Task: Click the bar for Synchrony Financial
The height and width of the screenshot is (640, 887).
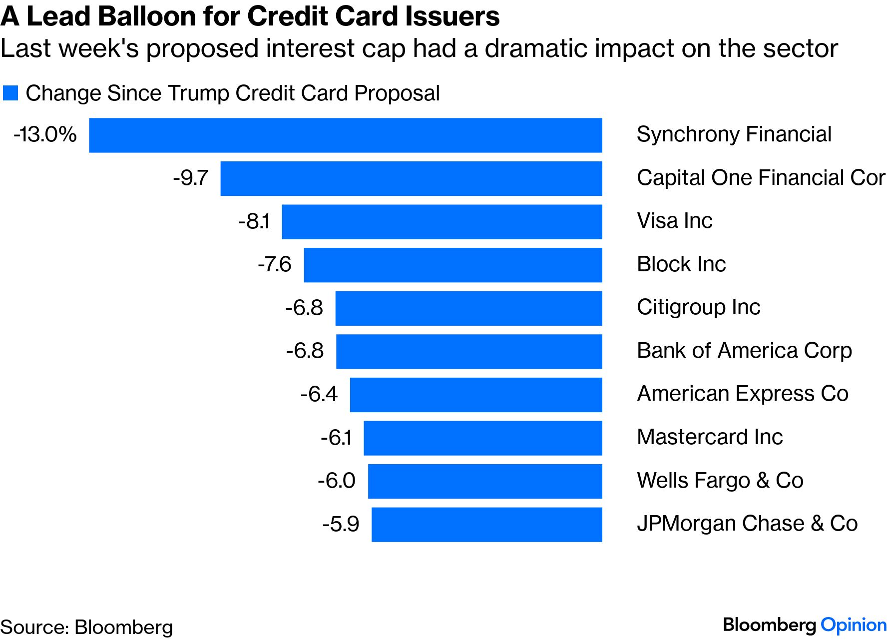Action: pos(345,135)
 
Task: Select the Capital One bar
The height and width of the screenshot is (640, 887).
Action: pos(411,178)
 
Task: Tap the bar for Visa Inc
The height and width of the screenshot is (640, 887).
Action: pos(442,221)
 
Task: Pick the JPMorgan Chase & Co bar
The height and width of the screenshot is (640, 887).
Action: pos(486,525)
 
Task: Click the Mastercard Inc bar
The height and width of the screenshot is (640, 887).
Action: pos(482,438)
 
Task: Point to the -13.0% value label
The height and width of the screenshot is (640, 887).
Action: pos(45,134)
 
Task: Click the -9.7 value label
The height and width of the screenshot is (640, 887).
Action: pos(190,178)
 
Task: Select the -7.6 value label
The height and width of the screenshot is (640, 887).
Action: pos(274,264)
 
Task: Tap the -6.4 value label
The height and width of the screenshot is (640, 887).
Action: pos(319,394)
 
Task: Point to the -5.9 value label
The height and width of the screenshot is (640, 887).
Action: pos(341,524)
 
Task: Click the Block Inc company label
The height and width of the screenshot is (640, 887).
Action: pos(681,264)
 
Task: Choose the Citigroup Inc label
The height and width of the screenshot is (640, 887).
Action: pos(698,307)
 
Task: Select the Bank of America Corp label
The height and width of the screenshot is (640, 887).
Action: pos(744,351)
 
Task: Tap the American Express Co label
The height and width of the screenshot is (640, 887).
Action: pos(743,394)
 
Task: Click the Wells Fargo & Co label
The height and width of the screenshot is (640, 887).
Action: pos(720,481)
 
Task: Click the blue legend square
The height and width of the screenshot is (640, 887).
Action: pos(10,93)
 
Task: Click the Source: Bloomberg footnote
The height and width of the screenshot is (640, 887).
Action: pos(86,627)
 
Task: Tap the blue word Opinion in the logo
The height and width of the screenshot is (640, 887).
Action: pos(854,625)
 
